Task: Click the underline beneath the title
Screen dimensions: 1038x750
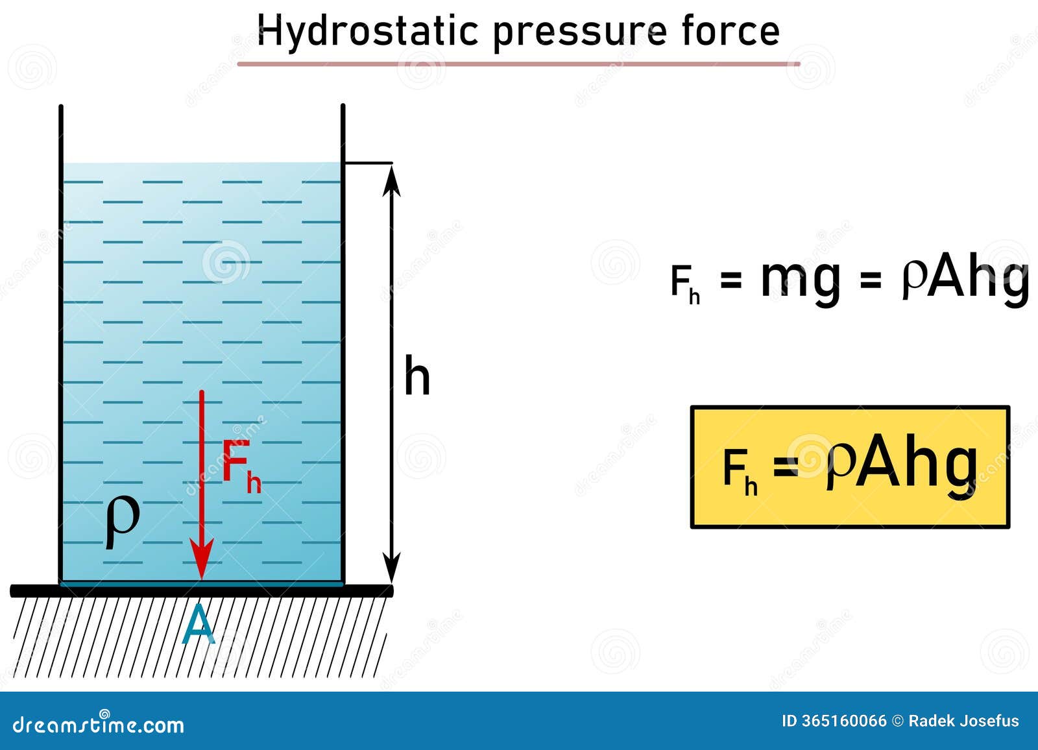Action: coord(518,64)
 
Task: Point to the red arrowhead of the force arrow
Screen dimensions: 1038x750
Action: coord(202,558)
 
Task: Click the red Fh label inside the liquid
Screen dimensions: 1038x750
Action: coord(241,466)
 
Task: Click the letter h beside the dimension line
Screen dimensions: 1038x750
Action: coord(417,375)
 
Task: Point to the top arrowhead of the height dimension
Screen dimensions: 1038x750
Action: coord(392,181)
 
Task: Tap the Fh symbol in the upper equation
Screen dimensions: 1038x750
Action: coord(685,285)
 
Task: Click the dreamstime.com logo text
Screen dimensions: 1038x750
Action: coord(98,725)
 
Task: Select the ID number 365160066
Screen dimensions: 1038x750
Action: coord(843,721)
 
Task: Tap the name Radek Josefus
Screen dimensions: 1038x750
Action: coord(963,721)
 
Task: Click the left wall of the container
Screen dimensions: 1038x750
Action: coord(61,344)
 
